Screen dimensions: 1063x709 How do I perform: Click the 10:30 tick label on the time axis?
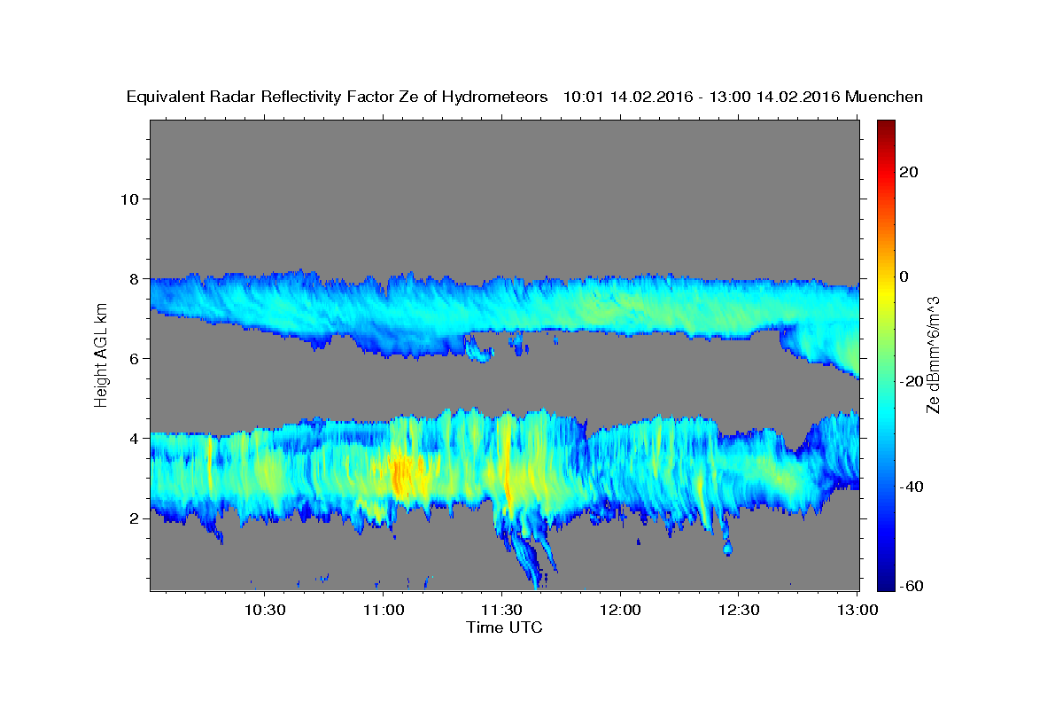265,610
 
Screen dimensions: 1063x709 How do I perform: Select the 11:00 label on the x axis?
384,610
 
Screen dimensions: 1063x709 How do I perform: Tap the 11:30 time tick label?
501,610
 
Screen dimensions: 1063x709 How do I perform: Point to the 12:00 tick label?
620,610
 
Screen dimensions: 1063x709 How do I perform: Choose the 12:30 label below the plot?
739,610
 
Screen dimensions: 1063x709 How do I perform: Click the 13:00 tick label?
857,610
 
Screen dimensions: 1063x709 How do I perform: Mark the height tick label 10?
129,199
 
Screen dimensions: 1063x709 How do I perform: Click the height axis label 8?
135,279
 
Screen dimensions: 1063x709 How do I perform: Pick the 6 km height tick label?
135,359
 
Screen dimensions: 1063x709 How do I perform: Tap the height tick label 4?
135,439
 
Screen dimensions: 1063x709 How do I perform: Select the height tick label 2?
135,518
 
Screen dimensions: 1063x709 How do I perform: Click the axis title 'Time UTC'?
504,627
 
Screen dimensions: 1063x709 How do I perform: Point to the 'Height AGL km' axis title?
101,355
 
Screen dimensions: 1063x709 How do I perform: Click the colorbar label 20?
909,172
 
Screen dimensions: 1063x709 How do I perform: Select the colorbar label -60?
912,586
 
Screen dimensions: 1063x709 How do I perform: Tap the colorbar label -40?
912,487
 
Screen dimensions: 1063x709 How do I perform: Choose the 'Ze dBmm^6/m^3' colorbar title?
933,355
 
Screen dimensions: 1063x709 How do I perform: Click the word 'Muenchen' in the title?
884,97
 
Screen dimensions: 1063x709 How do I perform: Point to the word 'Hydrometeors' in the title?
494,97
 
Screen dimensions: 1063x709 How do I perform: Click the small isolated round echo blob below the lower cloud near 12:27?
727,549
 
